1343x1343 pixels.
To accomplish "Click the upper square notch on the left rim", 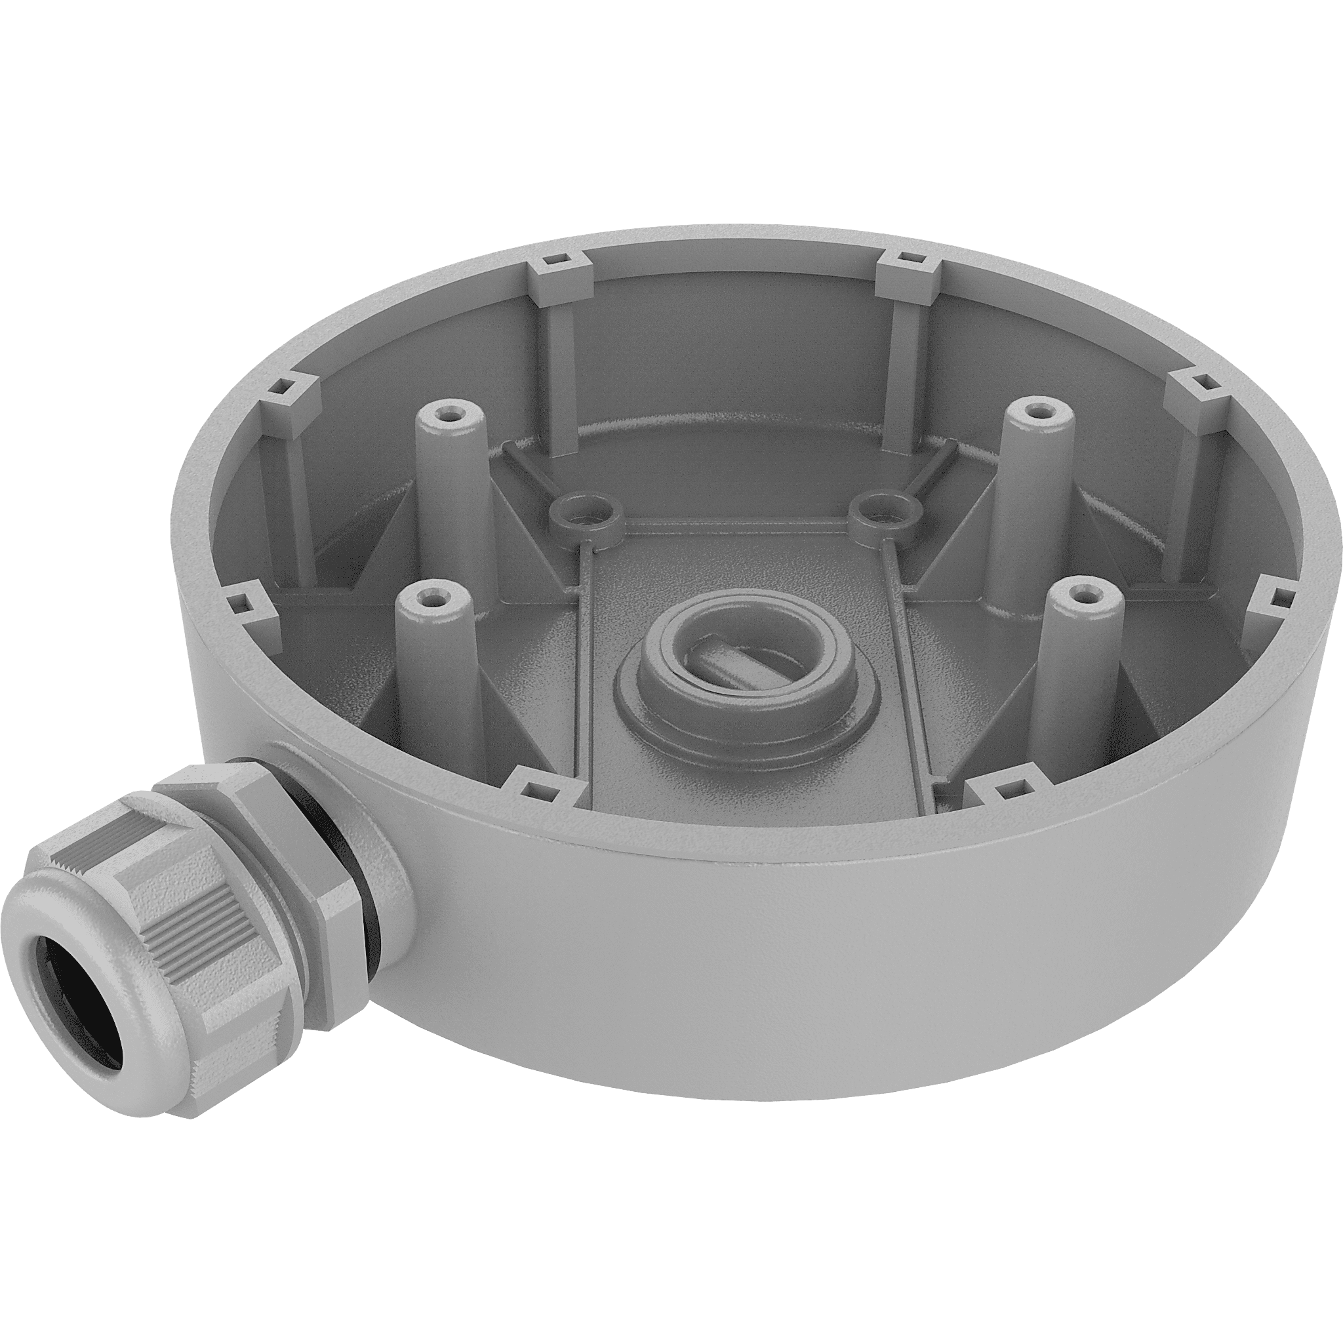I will pyautogui.click(x=288, y=384).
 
